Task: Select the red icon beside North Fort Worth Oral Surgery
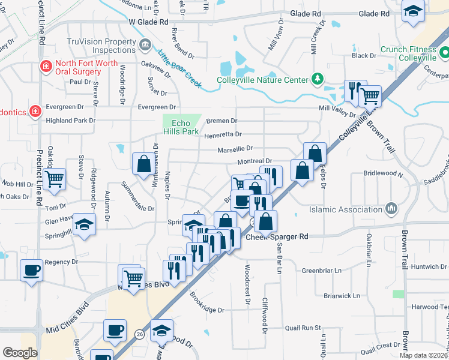pos(44,67)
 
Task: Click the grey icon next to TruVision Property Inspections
pos(145,46)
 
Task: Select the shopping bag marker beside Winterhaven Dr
pos(143,163)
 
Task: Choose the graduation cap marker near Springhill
pos(85,224)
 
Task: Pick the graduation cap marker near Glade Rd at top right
pos(413,12)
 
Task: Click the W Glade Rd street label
pos(148,22)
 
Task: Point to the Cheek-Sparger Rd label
pos(277,237)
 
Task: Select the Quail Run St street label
pos(303,328)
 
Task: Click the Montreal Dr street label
pos(255,161)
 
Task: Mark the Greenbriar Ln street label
pos(321,271)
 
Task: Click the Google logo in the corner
pos(20,353)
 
